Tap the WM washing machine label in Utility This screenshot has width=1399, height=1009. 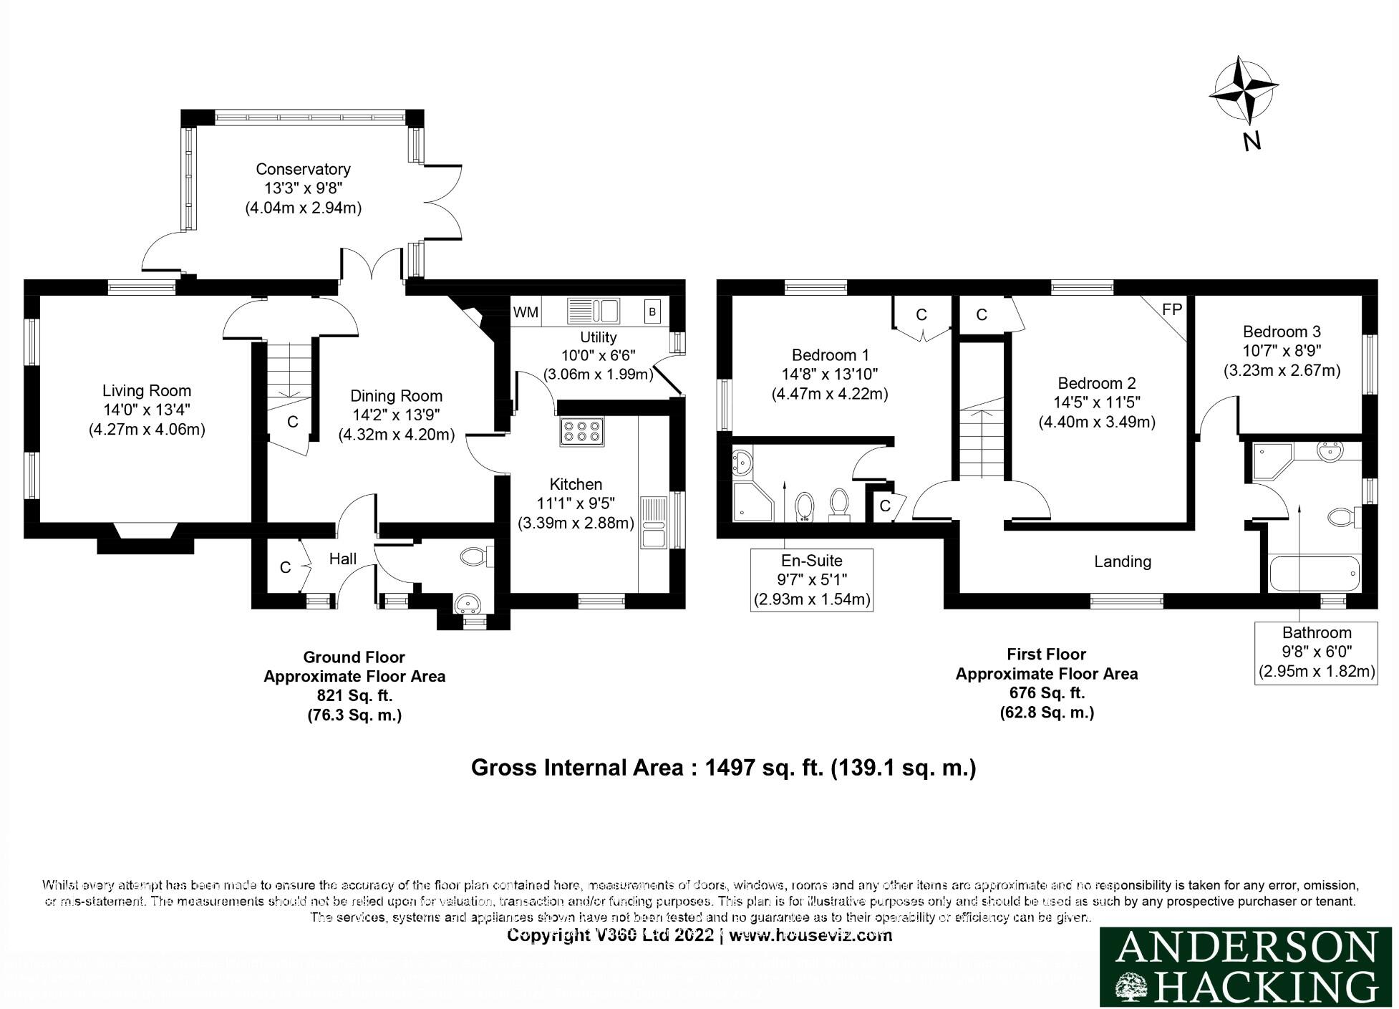[x=526, y=312]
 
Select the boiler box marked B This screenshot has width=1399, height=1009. [x=652, y=312]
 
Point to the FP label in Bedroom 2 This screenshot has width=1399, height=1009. [x=1171, y=309]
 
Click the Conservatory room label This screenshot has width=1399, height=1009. [x=303, y=169]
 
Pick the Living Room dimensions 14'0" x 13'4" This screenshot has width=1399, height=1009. [x=147, y=410]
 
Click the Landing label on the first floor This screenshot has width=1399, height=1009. [x=1122, y=562]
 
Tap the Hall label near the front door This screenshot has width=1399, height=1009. [x=343, y=559]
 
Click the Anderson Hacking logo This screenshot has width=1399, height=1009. [x=1248, y=967]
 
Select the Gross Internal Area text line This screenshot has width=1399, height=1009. [x=723, y=768]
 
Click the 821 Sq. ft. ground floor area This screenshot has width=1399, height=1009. [x=354, y=695]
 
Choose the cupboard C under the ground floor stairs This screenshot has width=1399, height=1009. [x=292, y=422]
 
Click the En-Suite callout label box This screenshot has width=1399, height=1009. [x=812, y=580]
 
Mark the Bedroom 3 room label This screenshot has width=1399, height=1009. [x=1282, y=332]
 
